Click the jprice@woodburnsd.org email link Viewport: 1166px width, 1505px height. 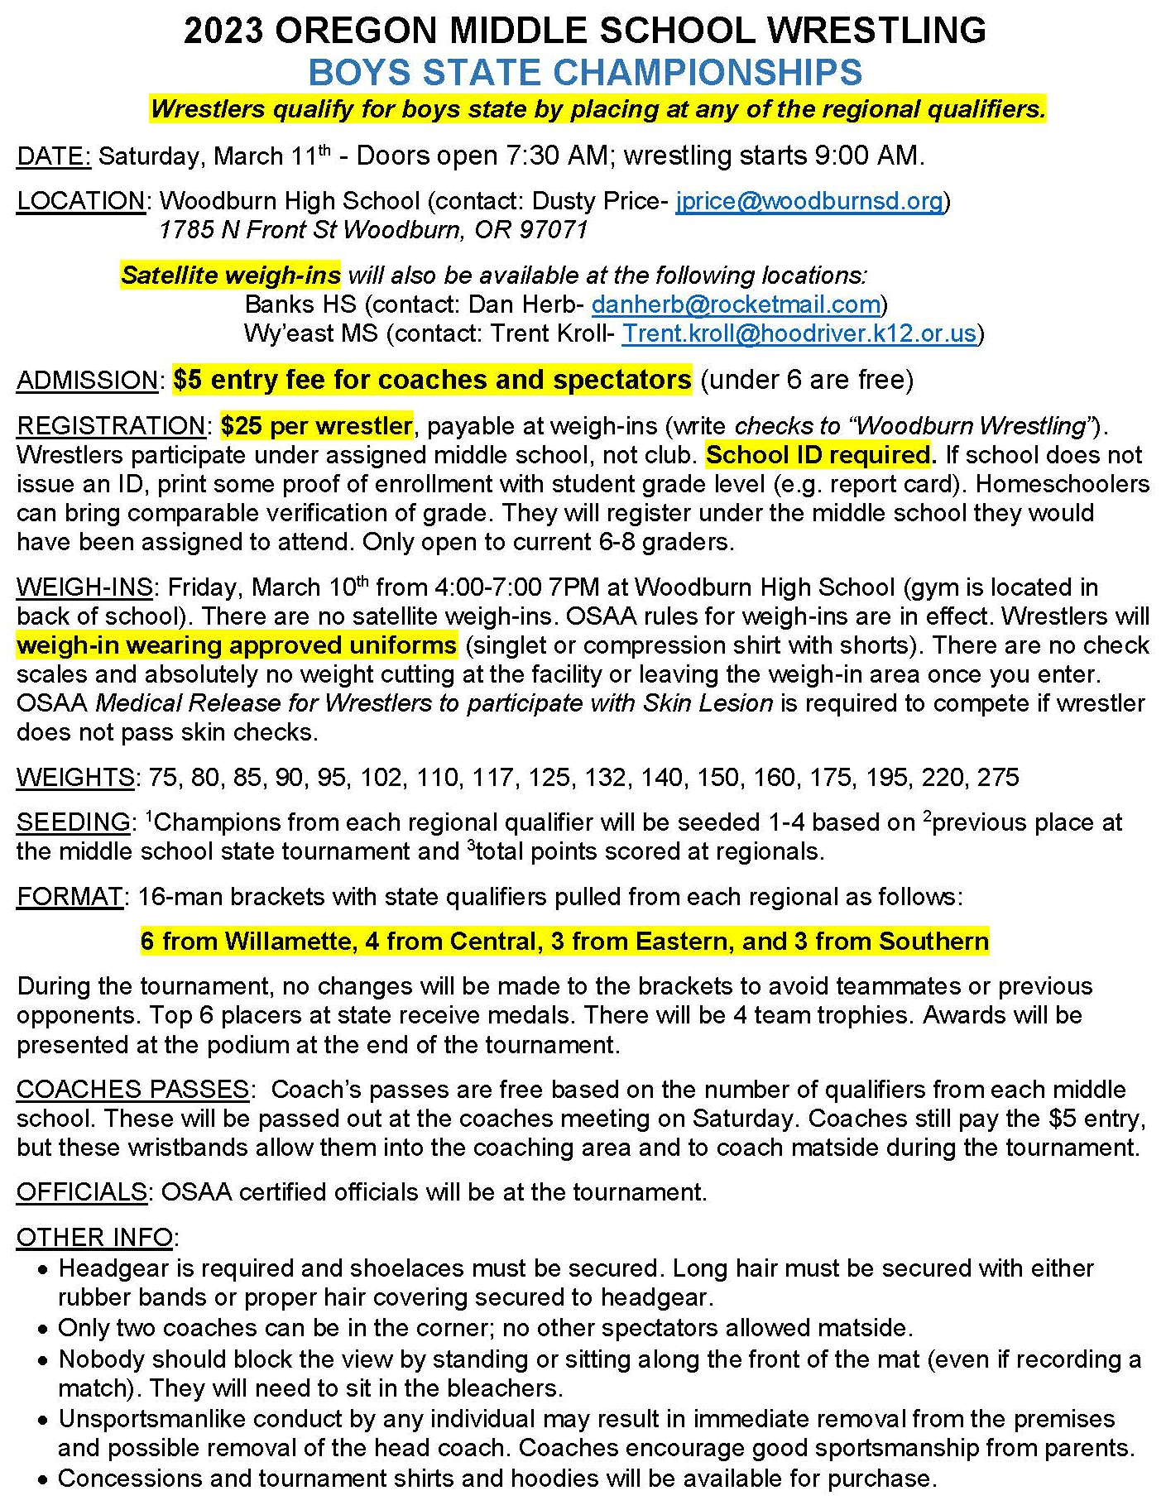(x=809, y=201)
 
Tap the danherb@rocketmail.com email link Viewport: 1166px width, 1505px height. (x=736, y=304)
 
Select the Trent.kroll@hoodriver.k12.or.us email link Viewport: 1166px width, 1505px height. (x=799, y=333)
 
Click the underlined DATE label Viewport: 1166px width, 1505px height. (x=53, y=156)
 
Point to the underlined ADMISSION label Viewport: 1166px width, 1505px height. (x=87, y=381)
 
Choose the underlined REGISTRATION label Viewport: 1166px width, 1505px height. (x=110, y=426)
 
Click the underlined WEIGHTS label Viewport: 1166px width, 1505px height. (x=75, y=778)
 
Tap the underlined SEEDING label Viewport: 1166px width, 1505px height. (x=73, y=822)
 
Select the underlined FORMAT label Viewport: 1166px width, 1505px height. (x=70, y=897)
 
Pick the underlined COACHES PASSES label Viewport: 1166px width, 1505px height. (x=132, y=1090)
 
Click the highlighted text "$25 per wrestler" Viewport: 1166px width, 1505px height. (x=317, y=426)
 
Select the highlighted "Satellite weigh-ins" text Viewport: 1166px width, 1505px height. (x=231, y=276)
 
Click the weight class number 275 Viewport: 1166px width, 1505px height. (x=998, y=778)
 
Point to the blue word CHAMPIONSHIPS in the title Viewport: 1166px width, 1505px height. (x=708, y=73)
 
